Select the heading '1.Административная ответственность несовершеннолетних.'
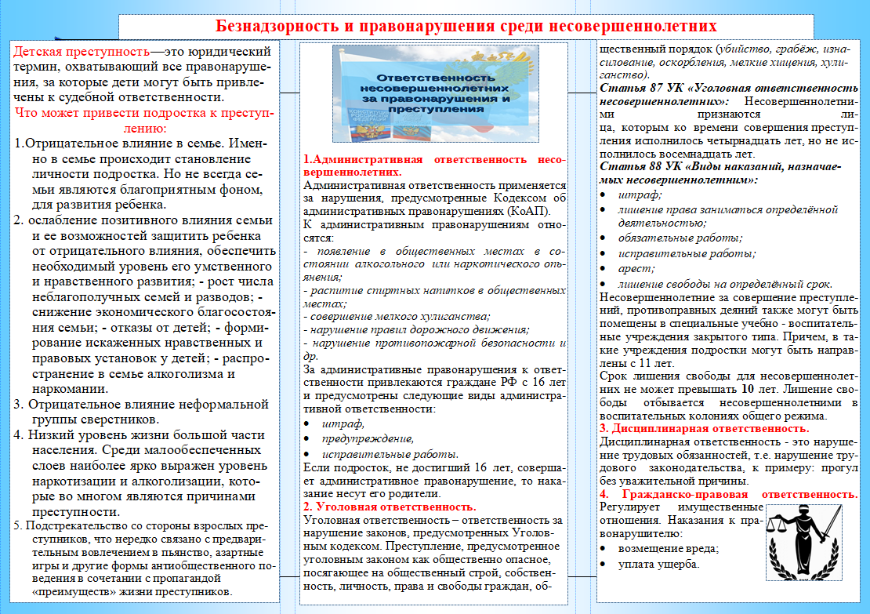click(433, 165)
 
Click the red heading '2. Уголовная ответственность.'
click(390, 507)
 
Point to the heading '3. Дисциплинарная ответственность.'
click(704, 429)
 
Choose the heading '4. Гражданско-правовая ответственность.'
click(728, 495)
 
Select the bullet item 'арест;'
click(633, 268)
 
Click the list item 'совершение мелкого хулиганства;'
click(396, 316)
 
